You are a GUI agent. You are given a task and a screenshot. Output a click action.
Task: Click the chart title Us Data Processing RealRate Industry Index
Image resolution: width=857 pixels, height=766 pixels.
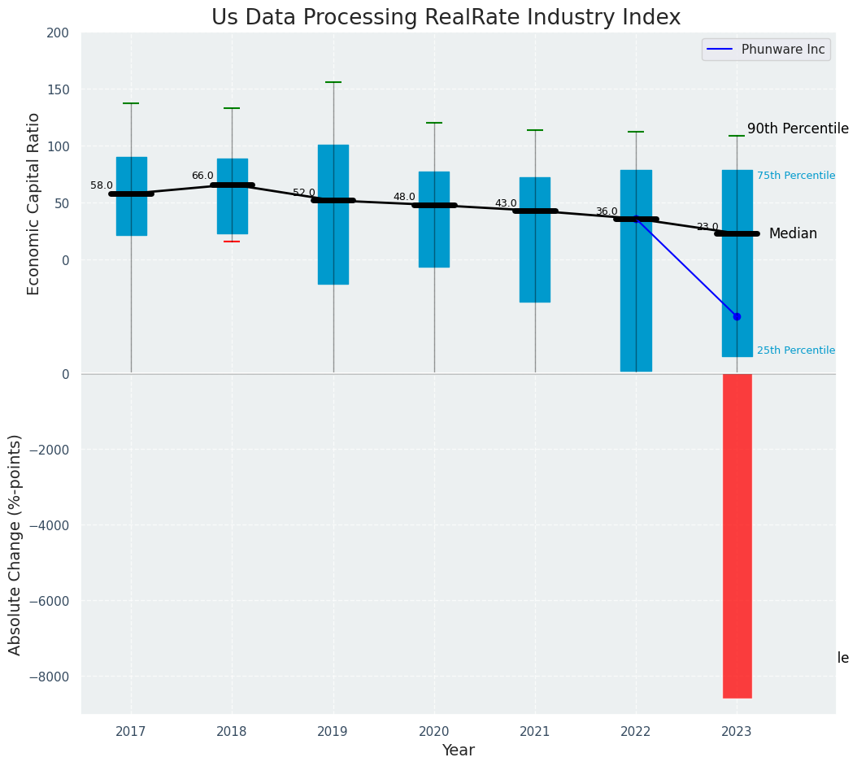pos(446,18)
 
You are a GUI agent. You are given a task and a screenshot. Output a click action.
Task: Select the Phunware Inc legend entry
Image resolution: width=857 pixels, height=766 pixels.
pos(765,50)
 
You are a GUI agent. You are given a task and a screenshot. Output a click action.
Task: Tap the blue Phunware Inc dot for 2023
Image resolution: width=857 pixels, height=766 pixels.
pos(737,316)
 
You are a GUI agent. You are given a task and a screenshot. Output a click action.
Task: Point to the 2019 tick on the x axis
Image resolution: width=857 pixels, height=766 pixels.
pos(333,732)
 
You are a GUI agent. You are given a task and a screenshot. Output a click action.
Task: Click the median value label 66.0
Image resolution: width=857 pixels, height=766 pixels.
pos(202,176)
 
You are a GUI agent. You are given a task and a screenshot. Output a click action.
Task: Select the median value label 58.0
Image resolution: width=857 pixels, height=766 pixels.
pos(102,185)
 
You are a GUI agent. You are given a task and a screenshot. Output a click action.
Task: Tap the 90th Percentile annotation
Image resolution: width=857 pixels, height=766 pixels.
pos(798,128)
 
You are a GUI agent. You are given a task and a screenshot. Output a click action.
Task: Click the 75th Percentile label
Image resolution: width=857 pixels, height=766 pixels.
pos(795,176)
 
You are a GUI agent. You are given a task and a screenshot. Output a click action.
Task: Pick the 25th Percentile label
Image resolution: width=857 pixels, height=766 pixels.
pos(795,350)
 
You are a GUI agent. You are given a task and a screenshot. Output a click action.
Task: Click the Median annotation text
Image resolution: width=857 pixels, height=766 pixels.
pos(793,233)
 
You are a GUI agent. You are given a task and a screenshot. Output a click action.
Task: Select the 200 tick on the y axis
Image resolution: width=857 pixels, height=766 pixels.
pos(59,33)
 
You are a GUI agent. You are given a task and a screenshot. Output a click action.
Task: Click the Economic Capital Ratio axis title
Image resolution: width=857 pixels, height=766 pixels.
pos(34,203)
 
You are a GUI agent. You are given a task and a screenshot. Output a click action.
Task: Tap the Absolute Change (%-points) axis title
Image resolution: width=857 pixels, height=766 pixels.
pos(15,544)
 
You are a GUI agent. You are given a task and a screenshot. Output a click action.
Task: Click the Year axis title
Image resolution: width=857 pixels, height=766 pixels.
pos(458,750)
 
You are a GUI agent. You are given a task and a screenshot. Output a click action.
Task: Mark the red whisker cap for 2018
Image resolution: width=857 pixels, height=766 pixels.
pos(232,242)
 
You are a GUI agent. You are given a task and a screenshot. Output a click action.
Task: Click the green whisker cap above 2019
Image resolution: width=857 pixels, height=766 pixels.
pos(333,82)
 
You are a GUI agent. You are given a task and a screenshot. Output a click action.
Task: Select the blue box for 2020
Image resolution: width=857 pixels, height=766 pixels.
pos(433,219)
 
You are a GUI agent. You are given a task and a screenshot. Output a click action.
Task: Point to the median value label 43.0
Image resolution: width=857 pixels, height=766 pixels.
pos(506,203)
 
